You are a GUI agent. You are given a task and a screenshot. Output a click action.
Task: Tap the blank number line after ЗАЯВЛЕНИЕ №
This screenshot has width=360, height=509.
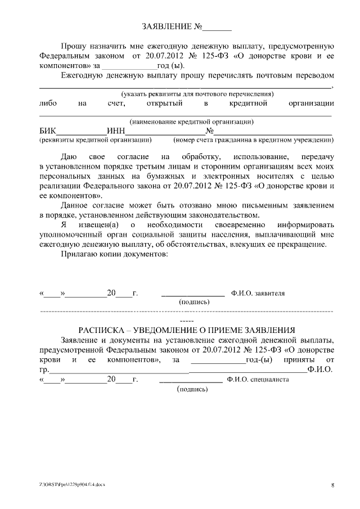click(x=217, y=28)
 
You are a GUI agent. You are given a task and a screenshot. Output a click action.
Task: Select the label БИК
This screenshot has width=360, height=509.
click(x=48, y=130)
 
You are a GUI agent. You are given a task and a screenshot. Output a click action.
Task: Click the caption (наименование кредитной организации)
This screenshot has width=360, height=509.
click(x=191, y=121)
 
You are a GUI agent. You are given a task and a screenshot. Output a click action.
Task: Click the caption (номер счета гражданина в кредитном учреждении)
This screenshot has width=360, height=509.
click(x=250, y=139)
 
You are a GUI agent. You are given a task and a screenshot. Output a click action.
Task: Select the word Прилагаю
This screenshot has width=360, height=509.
click(x=78, y=254)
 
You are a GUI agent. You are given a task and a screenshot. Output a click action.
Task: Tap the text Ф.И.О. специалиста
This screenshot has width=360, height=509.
click(x=258, y=379)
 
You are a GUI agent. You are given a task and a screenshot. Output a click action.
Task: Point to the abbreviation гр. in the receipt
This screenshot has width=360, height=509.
click(x=44, y=370)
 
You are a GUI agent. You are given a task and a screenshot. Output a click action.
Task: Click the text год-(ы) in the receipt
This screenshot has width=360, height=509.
click(x=259, y=359)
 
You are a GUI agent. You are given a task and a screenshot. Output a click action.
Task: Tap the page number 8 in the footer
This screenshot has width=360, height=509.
click(x=332, y=485)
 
